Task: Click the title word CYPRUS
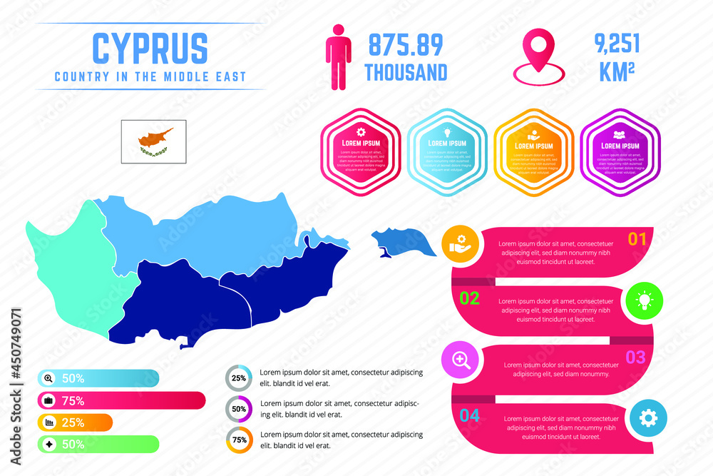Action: [x=150, y=49]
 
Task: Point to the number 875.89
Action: [x=406, y=45]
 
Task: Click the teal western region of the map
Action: [x=71, y=271]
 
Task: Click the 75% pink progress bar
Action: [x=121, y=400]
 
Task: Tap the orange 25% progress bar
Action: [x=74, y=422]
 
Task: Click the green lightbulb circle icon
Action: [x=645, y=300]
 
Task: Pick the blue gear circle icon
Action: [x=648, y=418]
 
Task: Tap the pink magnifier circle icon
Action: [x=461, y=360]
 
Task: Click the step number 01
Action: [x=637, y=239]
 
